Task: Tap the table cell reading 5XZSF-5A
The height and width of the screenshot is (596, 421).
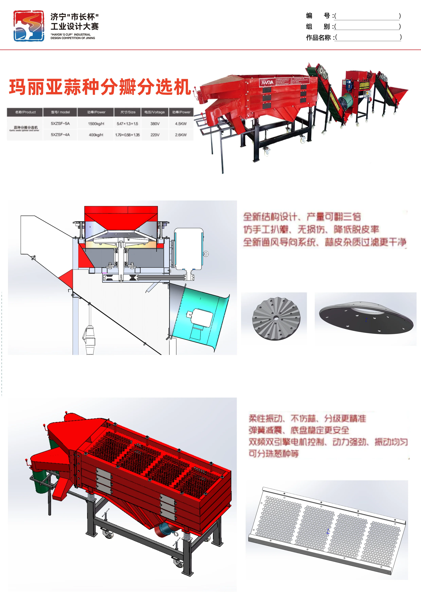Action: click(60, 124)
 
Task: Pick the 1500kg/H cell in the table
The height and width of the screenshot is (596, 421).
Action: click(96, 124)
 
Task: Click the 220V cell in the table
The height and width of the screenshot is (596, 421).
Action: click(155, 135)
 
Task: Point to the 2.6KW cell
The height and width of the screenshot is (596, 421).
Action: click(181, 135)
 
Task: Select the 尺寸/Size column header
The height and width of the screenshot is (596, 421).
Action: click(128, 112)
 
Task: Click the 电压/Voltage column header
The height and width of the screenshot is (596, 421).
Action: click(155, 112)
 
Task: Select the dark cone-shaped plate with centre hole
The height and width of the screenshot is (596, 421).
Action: click(366, 318)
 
